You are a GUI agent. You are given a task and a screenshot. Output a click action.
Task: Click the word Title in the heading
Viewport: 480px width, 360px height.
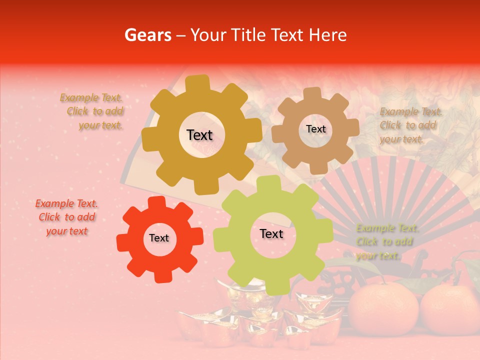[x=248, y=35]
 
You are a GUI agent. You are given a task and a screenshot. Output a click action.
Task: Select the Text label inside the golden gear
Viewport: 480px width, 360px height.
[x=199, y=135]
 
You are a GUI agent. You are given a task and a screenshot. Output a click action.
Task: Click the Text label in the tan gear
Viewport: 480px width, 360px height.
[x=315, y=129]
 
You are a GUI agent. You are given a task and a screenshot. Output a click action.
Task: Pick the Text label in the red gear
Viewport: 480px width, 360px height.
[x=159, y=238]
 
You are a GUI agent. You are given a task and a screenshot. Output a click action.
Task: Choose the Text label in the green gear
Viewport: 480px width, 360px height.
[x=271, y=234]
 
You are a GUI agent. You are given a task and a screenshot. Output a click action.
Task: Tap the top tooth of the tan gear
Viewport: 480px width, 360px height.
[x=312, y=93]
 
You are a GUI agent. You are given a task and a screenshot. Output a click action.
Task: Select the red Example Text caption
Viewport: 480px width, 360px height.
[x=66, y=217]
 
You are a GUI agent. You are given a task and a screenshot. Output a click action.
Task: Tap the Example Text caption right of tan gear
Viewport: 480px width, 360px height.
[x=410, y=125]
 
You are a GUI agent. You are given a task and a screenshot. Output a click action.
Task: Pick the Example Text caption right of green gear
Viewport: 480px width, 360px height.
[x=386, y=242]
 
